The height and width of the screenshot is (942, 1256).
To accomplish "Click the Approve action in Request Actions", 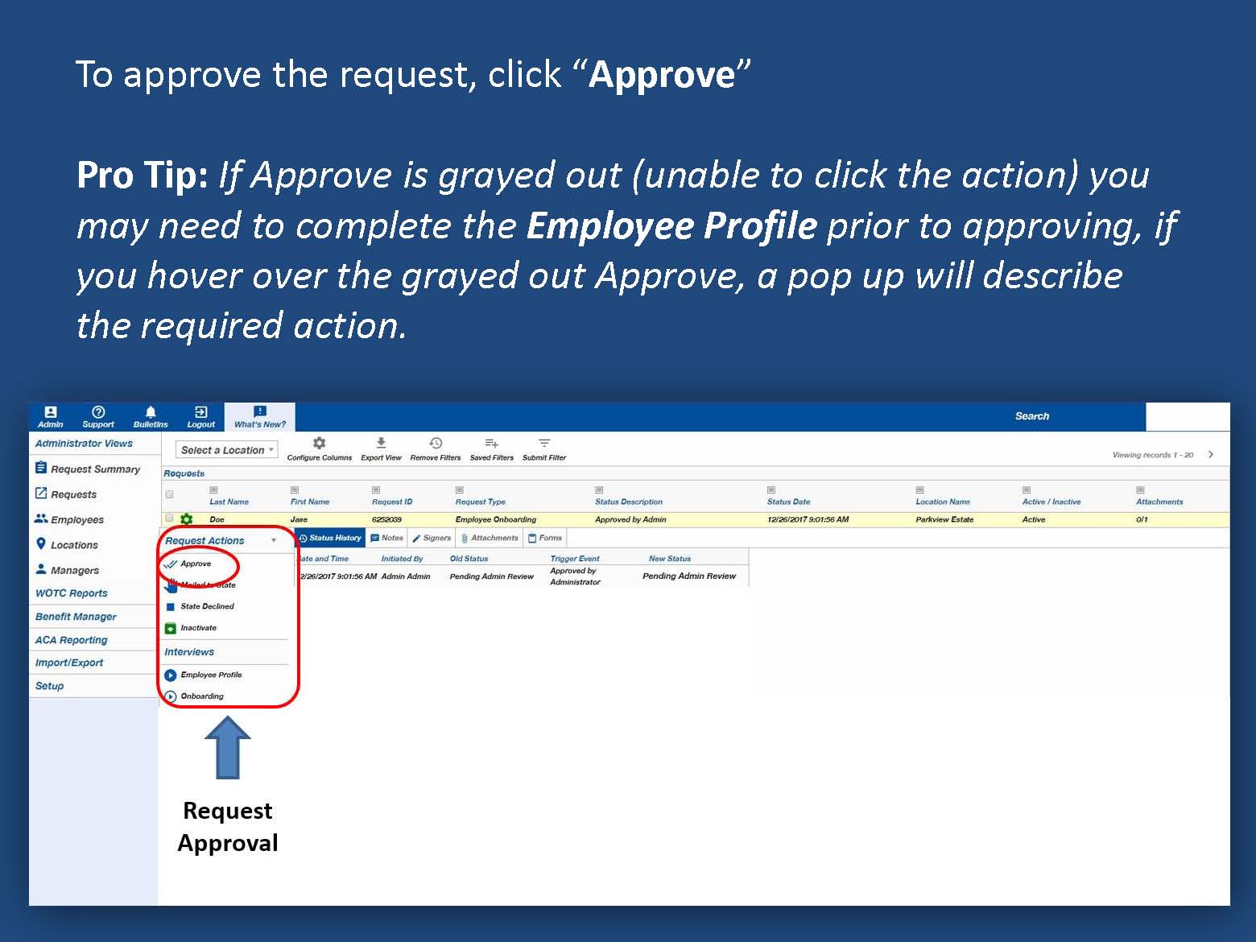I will coord(195,564).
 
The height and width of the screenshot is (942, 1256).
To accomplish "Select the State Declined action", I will coord(206,606).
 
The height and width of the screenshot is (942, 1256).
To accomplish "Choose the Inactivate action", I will coord(197,628).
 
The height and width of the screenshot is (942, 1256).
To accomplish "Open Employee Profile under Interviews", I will coord(210,675).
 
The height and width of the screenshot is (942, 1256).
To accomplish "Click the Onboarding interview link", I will coord(201,696).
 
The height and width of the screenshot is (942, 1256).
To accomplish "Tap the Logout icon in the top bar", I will coord(200,416).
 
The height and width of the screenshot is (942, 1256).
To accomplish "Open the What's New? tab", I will coord(259,417).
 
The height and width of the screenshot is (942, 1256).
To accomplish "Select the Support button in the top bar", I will coord(98,416).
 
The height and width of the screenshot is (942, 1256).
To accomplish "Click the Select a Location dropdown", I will coord(226,450).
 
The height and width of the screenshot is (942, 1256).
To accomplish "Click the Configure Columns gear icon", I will coord(319,444).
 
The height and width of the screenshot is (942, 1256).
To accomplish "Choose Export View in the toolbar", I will coord(381,448).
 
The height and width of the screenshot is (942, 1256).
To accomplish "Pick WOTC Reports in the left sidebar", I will coord(71,593).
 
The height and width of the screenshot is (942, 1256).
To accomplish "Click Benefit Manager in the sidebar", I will coord(76,617).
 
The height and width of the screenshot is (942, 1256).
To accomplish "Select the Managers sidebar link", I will coord(74,570).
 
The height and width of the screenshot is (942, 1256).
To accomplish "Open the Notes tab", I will coord(386,538).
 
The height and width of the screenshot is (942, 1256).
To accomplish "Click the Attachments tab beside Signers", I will coord(490,538).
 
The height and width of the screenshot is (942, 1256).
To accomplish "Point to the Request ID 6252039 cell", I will coord(386,519).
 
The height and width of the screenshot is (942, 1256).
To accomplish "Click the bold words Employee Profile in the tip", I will coord(671,226).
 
